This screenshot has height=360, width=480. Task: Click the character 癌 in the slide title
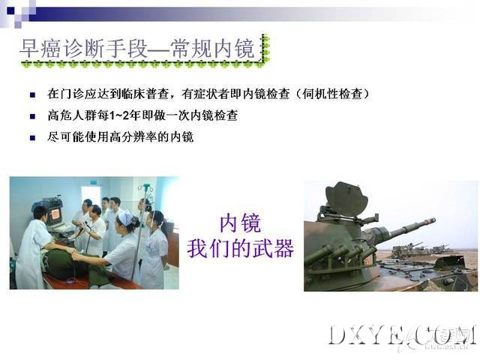[x=50, y=48]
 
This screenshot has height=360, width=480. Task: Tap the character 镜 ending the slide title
[x=244, y=48]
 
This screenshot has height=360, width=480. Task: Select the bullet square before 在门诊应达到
[x=32, y=95]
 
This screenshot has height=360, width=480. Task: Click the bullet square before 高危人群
[x=32, y=116]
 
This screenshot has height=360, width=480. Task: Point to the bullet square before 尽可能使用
[x=32, y=138]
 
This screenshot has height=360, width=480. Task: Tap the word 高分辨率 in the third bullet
[x=133, y=136]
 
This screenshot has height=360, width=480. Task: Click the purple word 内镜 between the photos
[x=240, y=223]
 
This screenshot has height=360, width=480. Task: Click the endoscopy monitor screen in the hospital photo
[x=55, y=214]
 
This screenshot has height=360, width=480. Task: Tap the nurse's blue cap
[x=126, y=217]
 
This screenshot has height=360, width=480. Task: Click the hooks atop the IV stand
[x=145, y=187]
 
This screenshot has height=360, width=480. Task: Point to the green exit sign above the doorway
[x=93, y=183]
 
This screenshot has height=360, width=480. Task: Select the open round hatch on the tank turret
[x=346, y=198]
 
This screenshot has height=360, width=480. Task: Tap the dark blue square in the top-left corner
[x=10, y=10]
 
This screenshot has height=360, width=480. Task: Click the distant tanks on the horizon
[x=421, y=248]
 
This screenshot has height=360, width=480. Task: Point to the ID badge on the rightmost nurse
[x=149, y=247]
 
